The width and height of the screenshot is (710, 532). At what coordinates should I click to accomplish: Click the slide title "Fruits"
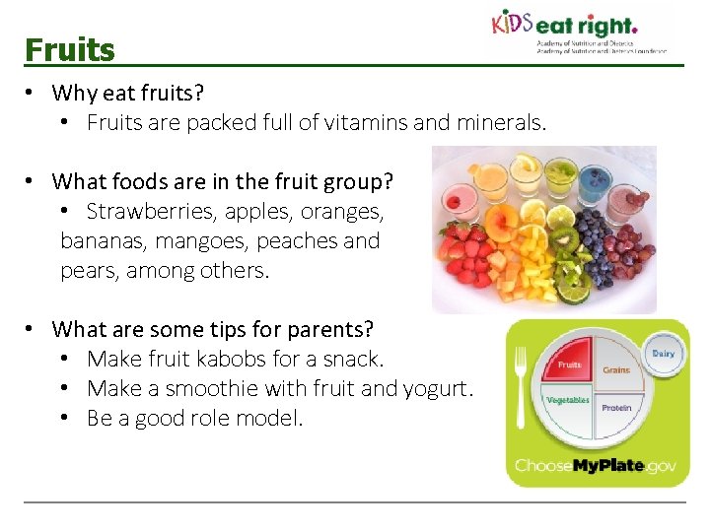coord(70,49)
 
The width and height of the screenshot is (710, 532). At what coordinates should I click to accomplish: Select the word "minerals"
coord(500,123)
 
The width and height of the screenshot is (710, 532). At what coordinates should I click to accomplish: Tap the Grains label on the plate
coord(616,370)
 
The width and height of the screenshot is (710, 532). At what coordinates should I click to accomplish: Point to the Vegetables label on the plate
coord(567,401)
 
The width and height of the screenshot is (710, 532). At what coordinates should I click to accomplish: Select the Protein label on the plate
coord(617,407)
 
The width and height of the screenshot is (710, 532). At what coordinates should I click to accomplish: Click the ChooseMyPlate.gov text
coord(595,465)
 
